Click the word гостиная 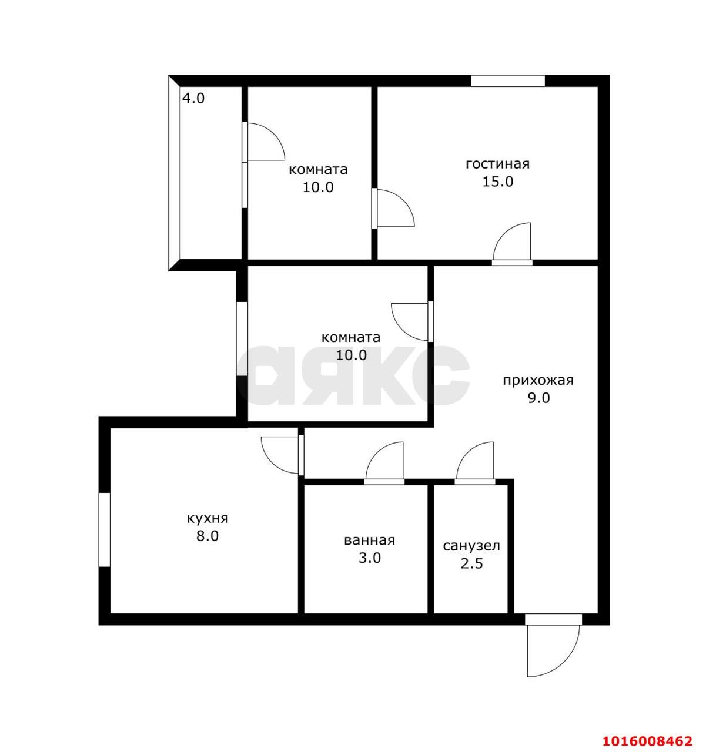pos(497,164)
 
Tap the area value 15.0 pos(497,182)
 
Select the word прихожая pos(538,380)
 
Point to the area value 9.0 pos(538,398)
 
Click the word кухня pos(208,518)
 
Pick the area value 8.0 pos(208,536)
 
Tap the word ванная pos(369,540)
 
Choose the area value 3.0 pos(369,558)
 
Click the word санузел pos(471,546)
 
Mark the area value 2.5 pos(471,564)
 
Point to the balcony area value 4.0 pos(193,99)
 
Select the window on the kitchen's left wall pos(105,529)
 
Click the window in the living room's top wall pos(508,81)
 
